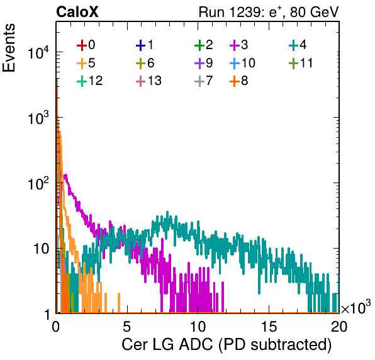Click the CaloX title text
[x=77, y=12]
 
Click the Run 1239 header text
[x=269, y=12]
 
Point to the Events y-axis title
[x=9, y=48]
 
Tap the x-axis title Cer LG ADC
[x=227, y=345]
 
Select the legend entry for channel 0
[x=86, y=45]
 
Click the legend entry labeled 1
[x=145, y=45]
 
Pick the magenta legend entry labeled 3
[x=239, y=45]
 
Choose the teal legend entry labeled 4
[x=298, y=45]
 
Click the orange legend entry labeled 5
[x=86, y=63]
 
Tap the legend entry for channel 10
[x=242, y=63]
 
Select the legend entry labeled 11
[x=301, y=63]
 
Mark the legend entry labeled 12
[x=90, y=81]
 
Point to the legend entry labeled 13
[x=148, y=81]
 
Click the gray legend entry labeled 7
[x=203, y=81]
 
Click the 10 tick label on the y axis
[x=41, y=249]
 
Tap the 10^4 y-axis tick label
[x=38, y=52]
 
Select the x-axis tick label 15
[x=269, y=327]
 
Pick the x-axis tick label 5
[x=127, y=327]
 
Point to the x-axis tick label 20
[x=339, y=327]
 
